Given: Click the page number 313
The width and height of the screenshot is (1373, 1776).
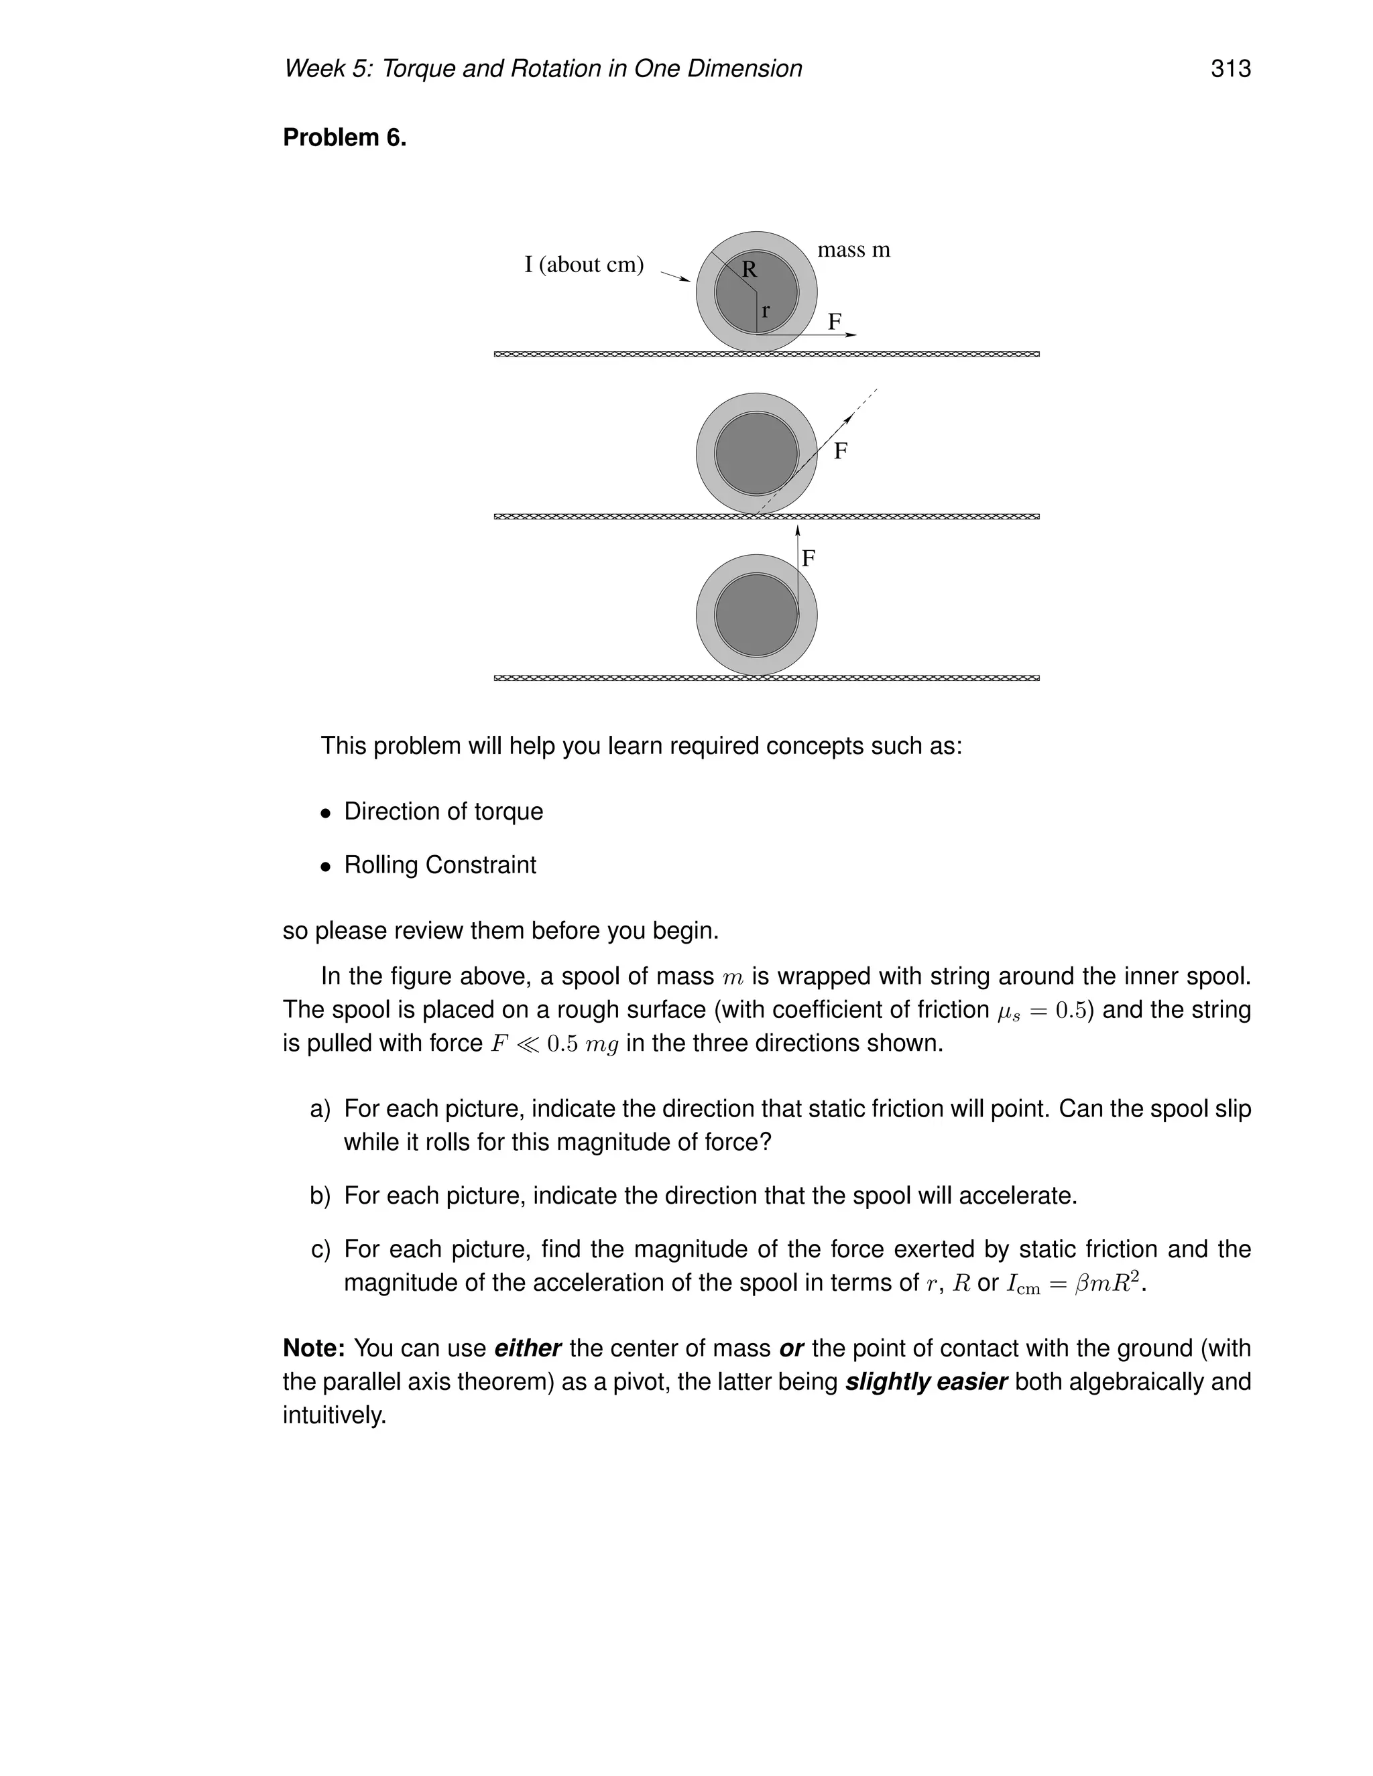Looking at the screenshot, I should pos(1230,69).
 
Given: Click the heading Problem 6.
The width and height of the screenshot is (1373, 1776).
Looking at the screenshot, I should pos(344,138).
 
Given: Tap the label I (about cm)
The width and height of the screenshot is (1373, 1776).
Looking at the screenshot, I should pos(583,265).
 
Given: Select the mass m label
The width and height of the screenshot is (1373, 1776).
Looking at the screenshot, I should pos(853,251).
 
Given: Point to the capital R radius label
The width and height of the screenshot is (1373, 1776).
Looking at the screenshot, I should pos(749,270).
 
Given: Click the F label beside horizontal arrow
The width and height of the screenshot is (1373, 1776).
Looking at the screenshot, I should pos(835,322).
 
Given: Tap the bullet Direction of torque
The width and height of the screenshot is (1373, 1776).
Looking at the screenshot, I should pos(443,812).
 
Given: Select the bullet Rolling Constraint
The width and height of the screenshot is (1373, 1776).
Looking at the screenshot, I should pos(439,865).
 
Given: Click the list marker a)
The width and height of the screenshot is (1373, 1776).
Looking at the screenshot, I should pos(320,1109).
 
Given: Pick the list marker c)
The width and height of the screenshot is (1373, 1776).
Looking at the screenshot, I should pos(320,1249).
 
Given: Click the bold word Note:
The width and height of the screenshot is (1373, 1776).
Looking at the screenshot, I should pos(314,1348).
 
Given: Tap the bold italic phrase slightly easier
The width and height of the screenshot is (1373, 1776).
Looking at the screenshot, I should pos(926,1382).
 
